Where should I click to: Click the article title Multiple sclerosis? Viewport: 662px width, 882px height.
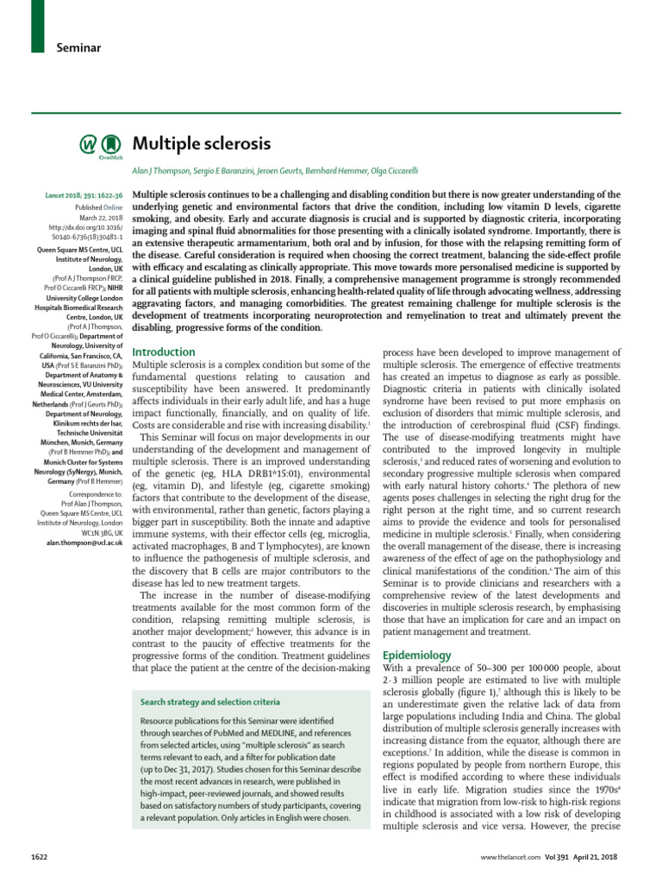click(x=201, y=143)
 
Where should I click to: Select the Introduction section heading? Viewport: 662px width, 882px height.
click(x=163, y=352)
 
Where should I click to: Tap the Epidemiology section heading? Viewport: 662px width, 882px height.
click(x=416, y=655)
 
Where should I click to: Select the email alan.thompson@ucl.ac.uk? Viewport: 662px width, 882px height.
click(x=85, y=545)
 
